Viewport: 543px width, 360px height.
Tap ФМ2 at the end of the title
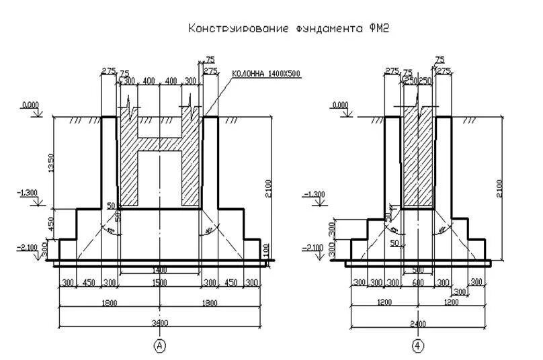pyautogui.click(x=379, y=29)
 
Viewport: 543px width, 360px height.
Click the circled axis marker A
pyautogui.click(x=160, y=346)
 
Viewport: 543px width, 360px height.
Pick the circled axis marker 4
pyautogui.click(x=418, y=346)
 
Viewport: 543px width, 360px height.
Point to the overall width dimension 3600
pyautogui.click(x=160, y=322)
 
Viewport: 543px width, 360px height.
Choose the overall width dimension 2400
pyautogui.click(x=418, y=322)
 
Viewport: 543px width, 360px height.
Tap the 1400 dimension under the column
pyautogui.click(x=160, y=270)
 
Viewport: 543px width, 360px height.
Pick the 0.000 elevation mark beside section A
pyautogui.click(x=30, y=106)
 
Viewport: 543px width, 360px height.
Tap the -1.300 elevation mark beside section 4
pyautogui.click(x=314, y=194)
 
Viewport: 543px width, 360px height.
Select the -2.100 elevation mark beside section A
pyautogui.click(x=27, y=247)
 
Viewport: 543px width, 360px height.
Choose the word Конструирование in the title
pyautogui.click(x=239, y=29)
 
